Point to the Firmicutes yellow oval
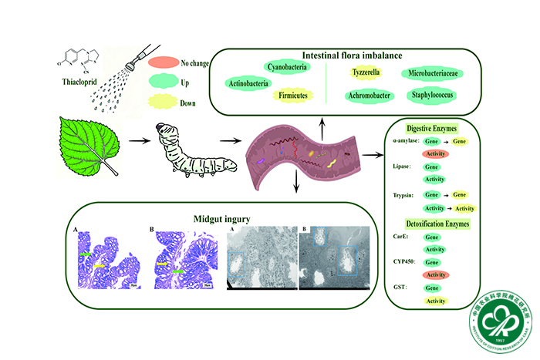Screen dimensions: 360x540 pos(292,94)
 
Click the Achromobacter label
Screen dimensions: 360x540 pos(366,96)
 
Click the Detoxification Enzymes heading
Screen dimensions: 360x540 pos(435,224)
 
